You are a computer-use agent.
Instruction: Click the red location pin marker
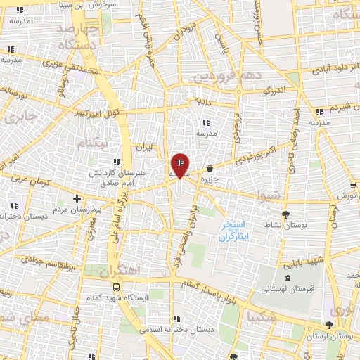pos(180,165)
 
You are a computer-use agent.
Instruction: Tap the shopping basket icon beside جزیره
pos(210,168)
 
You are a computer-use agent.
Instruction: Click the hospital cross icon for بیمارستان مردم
pos(77,199)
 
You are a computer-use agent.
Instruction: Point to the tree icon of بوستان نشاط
pos(285,214)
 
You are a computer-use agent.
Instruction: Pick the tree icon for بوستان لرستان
pos(330,324)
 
